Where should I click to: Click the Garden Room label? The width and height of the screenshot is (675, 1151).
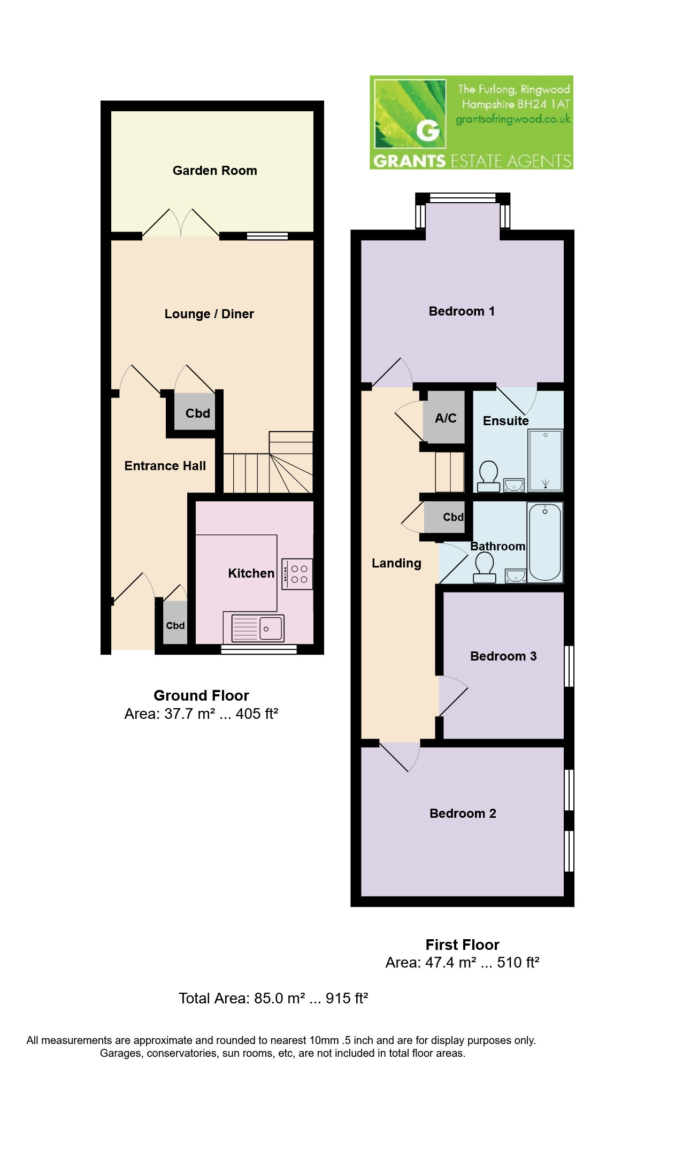(x=214, y=171)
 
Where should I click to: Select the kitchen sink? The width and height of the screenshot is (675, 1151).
(x=257, y=628)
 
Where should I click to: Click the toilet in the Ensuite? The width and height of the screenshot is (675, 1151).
(x=488, y=477)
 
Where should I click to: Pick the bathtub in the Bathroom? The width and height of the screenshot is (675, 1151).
(x=545, y=542)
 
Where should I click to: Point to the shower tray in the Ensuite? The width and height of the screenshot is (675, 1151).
(x=545, y=460)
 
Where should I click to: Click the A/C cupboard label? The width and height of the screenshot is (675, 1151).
(x=446, y=418)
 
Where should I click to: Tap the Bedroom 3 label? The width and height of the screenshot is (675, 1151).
(x=503, y=656)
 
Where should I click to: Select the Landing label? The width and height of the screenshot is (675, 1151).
(x=396, y=563)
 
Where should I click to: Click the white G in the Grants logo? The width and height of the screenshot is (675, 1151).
(x=427, y=131)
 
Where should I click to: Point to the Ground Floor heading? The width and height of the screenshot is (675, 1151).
(x=201, y=695)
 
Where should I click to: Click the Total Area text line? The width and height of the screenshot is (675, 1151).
(x=273, y=998)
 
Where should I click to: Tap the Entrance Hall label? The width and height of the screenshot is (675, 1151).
(x=165, y=466)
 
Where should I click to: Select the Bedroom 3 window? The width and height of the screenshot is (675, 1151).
(x=569, y=666)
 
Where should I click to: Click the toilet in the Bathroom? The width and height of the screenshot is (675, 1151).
(x=485, y=567)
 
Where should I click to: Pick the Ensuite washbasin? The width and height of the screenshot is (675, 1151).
(x=514, y=485)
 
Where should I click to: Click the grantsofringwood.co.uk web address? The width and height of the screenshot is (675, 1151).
(x=513, y=119)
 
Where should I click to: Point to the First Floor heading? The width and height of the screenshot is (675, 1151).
(x=462, y=945)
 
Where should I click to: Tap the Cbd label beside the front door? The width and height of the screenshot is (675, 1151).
(x=175, y=625)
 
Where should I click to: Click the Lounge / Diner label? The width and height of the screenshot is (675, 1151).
(x=209, y=314)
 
